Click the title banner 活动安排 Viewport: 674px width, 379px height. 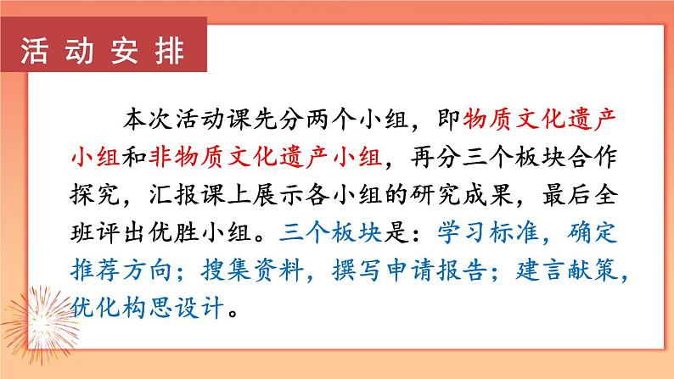102,52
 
